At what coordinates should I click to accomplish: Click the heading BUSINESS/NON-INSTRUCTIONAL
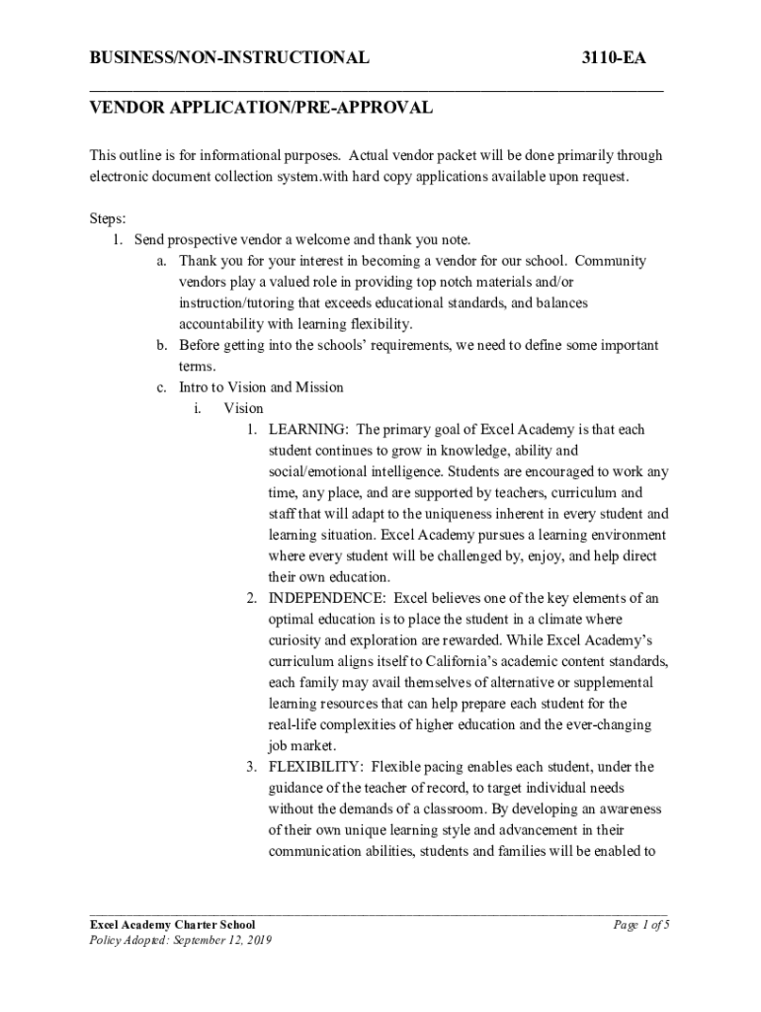[229, 58]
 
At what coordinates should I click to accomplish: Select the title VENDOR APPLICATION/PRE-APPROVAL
[261, 108]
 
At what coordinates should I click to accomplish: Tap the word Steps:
[108, 218]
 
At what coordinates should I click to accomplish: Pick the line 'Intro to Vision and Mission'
[261, 387]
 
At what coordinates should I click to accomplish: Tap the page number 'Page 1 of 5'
[641, 925]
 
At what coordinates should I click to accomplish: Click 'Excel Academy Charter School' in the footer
[172, 925]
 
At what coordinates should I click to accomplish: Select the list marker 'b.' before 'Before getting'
[162, 345]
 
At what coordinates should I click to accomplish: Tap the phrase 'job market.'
[302, 746]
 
